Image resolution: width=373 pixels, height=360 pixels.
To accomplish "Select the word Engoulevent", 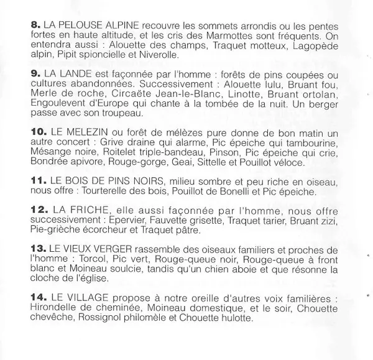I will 58,104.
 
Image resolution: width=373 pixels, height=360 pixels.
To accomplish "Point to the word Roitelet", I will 106,154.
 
